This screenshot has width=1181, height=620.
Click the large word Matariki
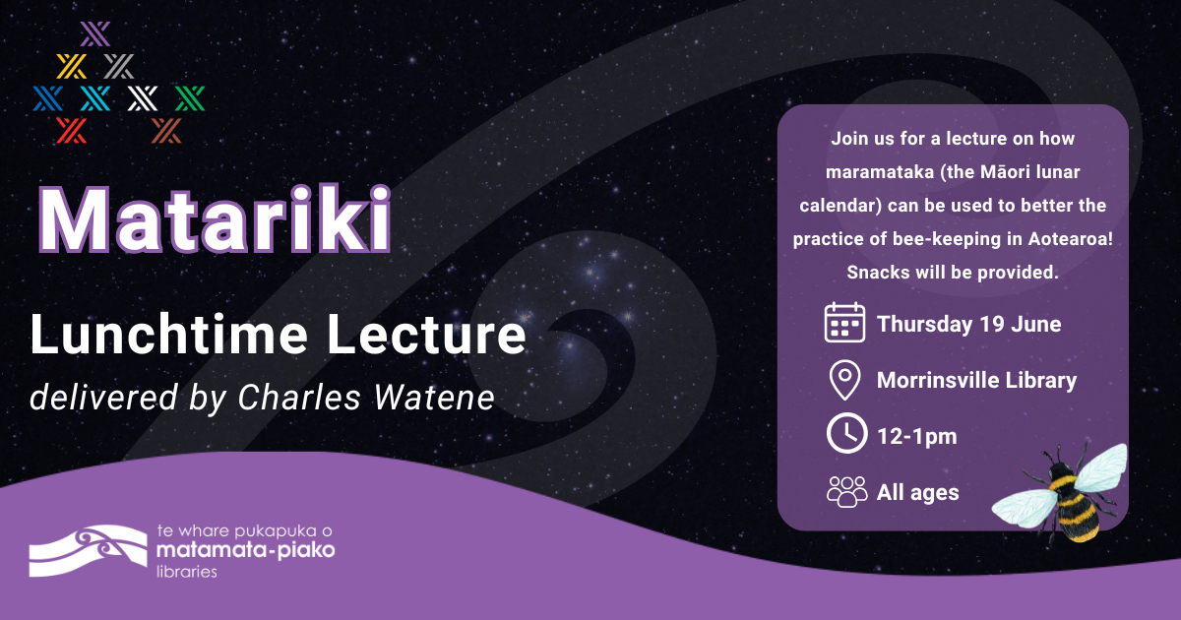[x=215, y=221]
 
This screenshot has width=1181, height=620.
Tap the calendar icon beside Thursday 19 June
[x=843, y=323]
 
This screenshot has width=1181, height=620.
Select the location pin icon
[x=843, y=380]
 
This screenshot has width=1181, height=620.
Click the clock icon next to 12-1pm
[x=844, y=435]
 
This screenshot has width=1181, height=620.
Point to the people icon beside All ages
[x=846, y=491]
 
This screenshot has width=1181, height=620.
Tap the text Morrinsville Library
[x=976, y=380]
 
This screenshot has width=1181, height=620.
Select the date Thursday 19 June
[x=968, y=324]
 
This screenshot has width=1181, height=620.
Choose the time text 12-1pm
[x=916, y=436]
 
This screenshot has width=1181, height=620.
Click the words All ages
[x=917, y=492]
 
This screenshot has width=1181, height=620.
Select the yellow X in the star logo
[x=71, y=66]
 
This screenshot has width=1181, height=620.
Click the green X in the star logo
[x=189, y=97]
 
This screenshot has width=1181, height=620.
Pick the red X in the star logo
[x=71, y=129]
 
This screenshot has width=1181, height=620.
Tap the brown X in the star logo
[x=167, y=129]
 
